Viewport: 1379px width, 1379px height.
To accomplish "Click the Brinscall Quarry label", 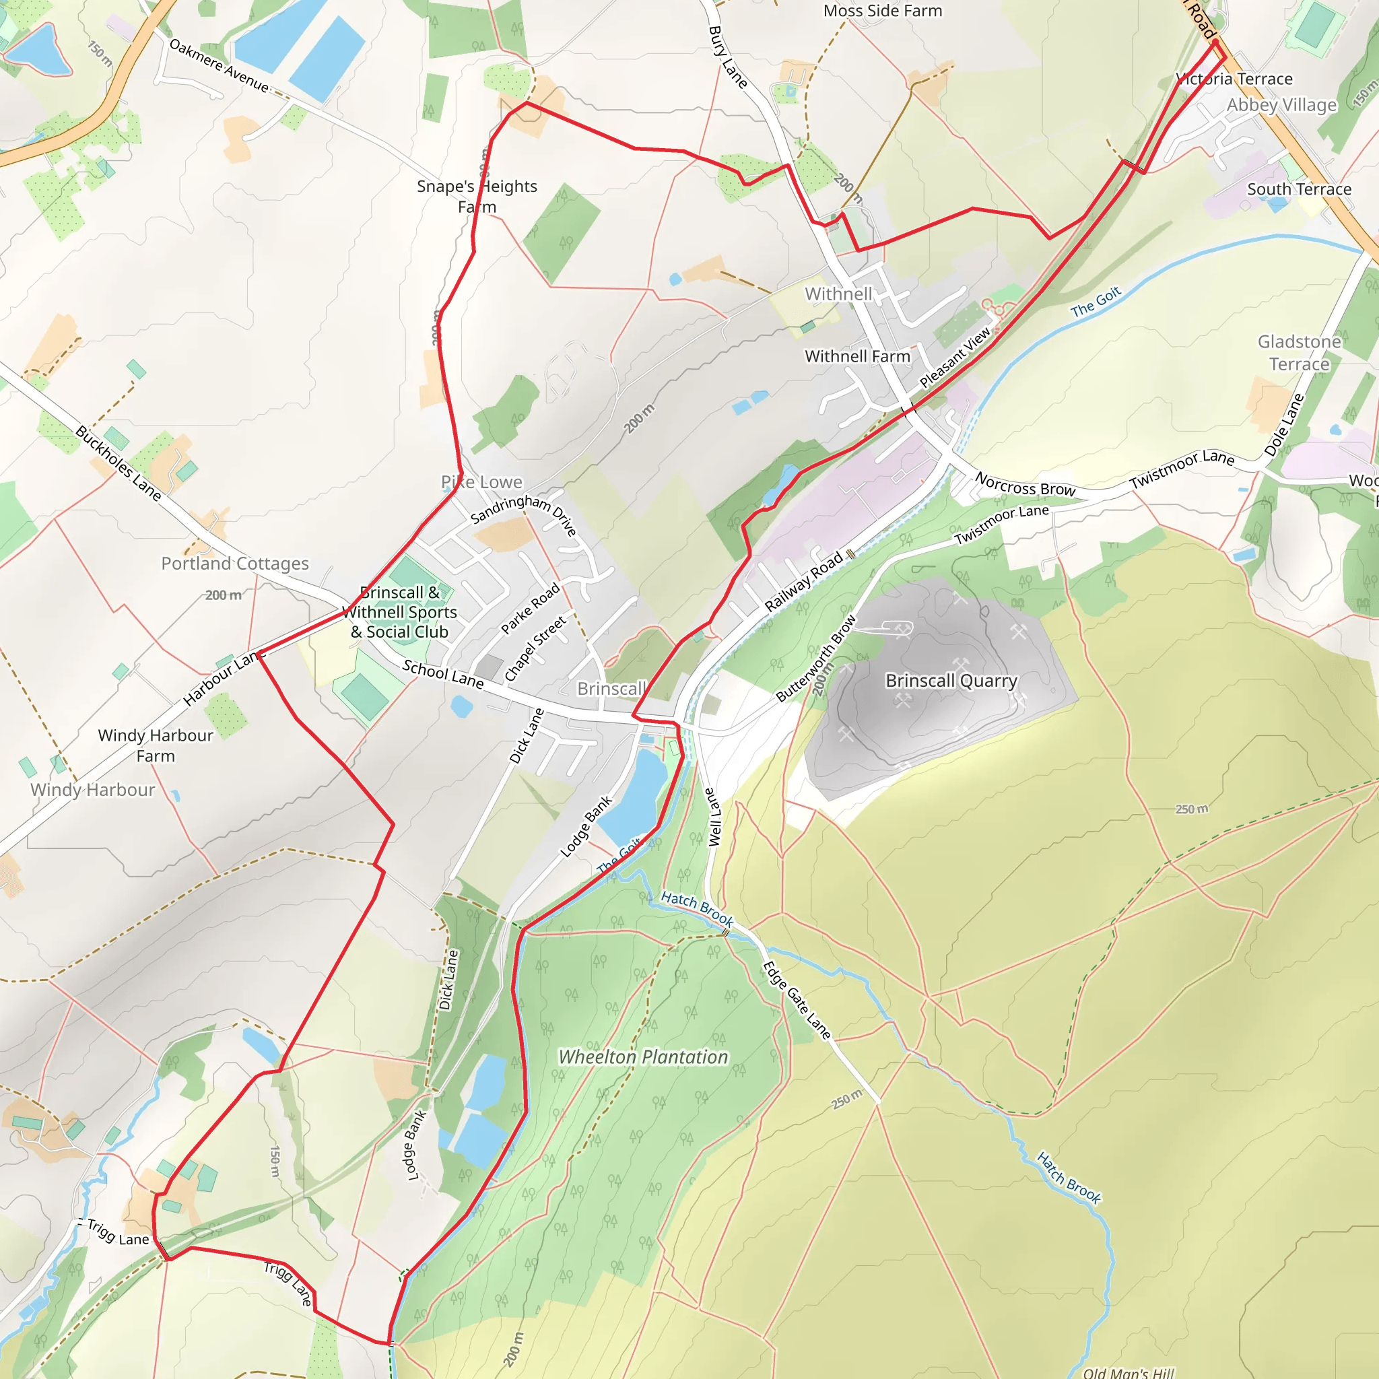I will pos(951,681).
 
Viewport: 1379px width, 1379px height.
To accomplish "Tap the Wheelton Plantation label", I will pos(643,1057).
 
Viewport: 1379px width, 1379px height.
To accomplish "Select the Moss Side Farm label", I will pos(882,11).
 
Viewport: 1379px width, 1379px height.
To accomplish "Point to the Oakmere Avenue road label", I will pos(219,67).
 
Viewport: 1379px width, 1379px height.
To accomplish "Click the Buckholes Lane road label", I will pos(119,463).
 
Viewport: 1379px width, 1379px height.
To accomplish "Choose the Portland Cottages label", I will pos(235,564).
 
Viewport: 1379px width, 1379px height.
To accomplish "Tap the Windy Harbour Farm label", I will pos(156,745).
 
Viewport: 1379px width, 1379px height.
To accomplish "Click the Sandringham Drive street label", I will pos(524,512).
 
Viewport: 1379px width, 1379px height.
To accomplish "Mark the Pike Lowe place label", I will pos(482,483).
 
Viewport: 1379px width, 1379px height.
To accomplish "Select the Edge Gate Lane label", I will pos(796,1000).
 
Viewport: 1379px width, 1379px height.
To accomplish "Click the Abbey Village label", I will pos(1281,105).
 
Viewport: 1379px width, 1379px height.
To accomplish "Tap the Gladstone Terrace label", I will pos(1299,353).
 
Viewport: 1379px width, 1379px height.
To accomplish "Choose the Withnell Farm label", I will pos(857,356).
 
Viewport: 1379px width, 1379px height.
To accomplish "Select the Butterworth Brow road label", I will pos(816,658).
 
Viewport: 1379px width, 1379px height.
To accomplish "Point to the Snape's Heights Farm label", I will pos(477,197).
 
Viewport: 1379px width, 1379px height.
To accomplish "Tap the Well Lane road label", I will pos(713,817).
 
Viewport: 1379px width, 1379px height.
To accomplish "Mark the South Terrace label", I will pos(1299,189).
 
